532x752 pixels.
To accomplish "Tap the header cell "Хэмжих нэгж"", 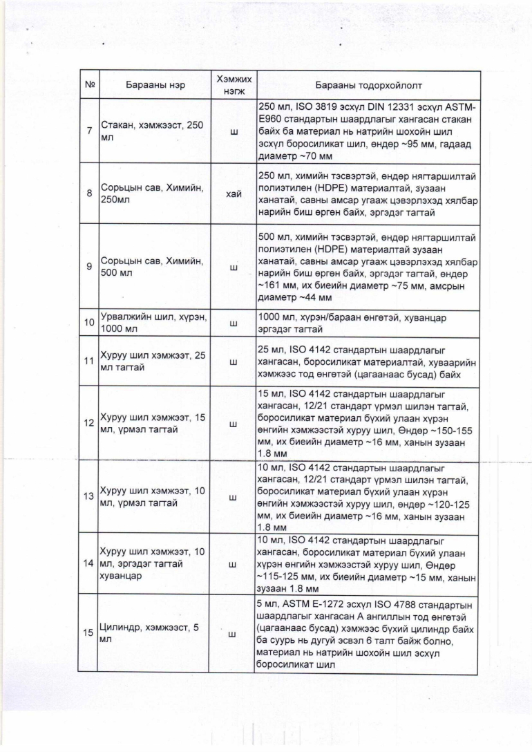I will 232,86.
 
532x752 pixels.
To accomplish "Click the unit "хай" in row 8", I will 233,194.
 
